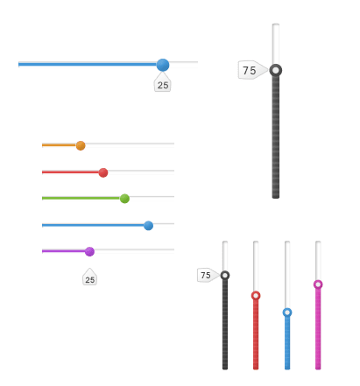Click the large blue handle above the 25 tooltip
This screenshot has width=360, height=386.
pos(163,65)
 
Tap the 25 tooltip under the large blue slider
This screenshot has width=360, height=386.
pos(163,83)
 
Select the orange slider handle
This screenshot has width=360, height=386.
pos(81,145)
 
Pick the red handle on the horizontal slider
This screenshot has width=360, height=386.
pos(103,172)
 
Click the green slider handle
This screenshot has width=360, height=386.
pos(124,199)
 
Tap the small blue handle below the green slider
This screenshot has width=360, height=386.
pos(148,226)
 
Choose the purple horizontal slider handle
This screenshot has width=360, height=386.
pos(89,251)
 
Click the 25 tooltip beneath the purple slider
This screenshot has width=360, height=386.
pos(89,277)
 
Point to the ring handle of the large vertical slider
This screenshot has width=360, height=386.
pos(276,70)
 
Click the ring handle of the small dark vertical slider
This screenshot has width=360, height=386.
pos(225,275)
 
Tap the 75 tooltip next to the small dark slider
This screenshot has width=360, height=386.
pos(208,275)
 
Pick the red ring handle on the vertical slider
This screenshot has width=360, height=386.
pos(256,296)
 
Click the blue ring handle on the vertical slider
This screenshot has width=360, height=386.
pos(287,312)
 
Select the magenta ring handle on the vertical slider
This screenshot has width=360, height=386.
pos(318,284)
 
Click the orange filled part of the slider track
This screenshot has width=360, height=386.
pos(59,145)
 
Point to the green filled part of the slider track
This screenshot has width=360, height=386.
pos(81,198)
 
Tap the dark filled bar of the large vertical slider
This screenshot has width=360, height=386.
pos(276,137)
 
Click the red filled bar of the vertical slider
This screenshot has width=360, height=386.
pos(256,335)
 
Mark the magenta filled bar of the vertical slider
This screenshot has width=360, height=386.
pos(318,329)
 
